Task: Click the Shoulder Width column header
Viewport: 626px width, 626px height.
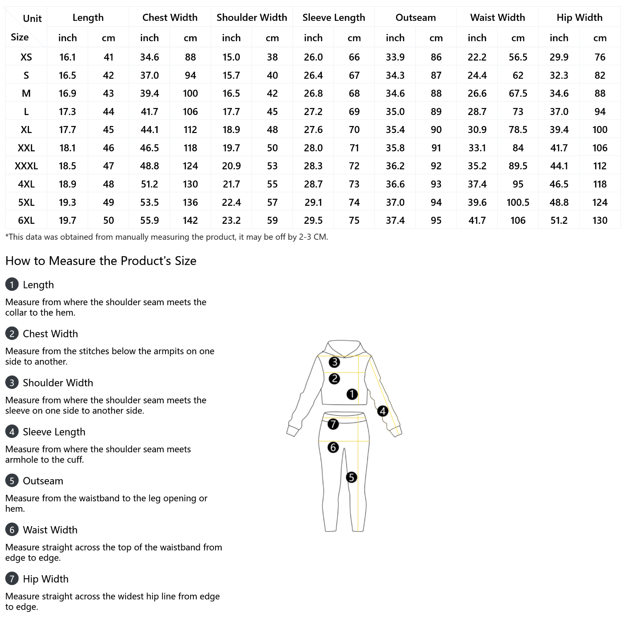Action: [252, 18]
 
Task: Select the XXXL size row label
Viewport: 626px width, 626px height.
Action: [26, 166]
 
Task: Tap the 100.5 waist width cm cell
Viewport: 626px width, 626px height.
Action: [518, 202]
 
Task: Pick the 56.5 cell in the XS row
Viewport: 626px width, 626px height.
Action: [518, 57]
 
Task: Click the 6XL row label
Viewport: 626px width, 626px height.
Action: [26, 221]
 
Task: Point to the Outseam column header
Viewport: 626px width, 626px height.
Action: [416, 18]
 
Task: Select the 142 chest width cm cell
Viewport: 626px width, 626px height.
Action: [190, 221]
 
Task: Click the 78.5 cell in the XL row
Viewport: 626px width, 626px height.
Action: [518, 130]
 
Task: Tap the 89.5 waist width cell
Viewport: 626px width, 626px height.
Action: [518, 166]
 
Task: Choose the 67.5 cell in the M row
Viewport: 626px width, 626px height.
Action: [518, 94]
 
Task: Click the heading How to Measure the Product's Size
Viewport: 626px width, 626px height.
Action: [101, 261]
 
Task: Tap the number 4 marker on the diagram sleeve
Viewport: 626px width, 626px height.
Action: [383, 411]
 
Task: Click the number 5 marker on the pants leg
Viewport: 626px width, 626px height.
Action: [351, 477]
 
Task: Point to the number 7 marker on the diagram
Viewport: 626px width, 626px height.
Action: [333, 424]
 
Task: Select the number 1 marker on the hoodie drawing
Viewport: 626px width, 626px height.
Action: [352, 394]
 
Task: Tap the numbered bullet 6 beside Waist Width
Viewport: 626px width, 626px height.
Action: [12, 530]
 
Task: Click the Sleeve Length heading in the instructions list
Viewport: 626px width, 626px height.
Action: [54, 432]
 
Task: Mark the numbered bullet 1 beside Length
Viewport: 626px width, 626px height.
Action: [12, 284]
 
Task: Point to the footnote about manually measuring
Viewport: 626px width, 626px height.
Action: [167, 237]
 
